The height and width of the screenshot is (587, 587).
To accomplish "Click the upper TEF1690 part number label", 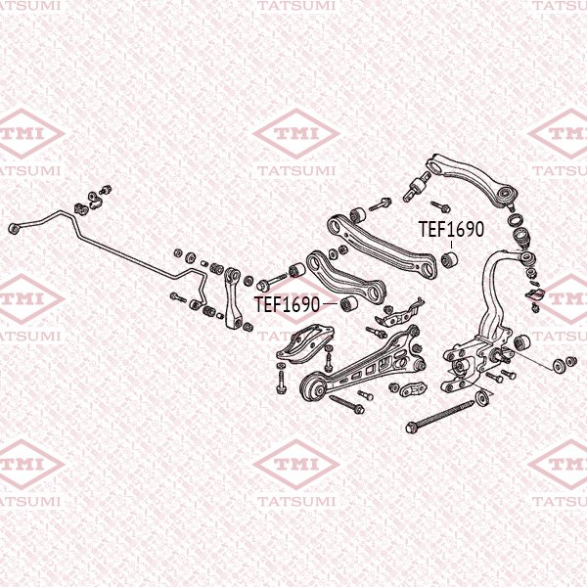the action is coord(451,230).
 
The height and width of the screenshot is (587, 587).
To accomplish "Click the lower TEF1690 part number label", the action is coord(287,304).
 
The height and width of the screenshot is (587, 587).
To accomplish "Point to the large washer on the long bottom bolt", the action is coord(480,399).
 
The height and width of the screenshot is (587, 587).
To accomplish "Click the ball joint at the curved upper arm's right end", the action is coord(507,196).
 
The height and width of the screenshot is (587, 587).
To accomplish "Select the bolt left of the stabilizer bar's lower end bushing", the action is coord(177,296).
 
